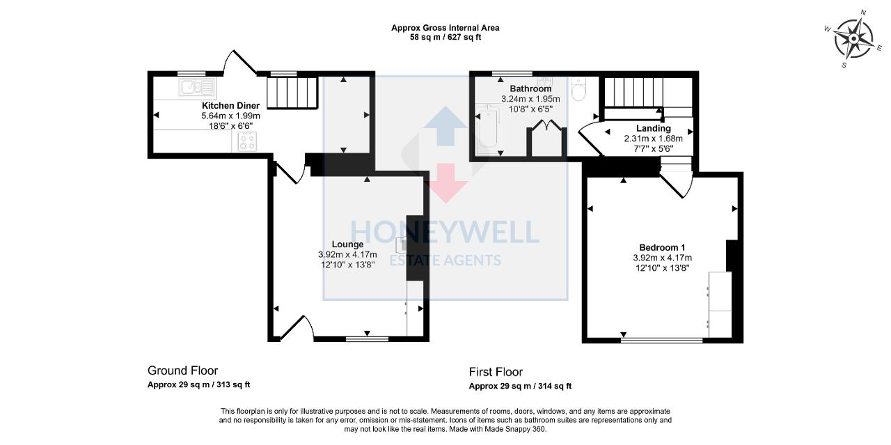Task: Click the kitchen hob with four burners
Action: coord(247,141)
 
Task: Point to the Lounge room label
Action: coord(347,244)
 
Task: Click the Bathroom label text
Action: coord(530,89)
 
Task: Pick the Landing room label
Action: coord(653,128)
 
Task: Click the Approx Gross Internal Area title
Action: coord(445,28)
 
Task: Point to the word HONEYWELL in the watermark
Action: coord(444,232)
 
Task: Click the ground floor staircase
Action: coord(292,92)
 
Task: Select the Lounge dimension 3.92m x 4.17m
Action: coord(347,254)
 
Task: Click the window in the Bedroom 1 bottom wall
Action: coord(661,341)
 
